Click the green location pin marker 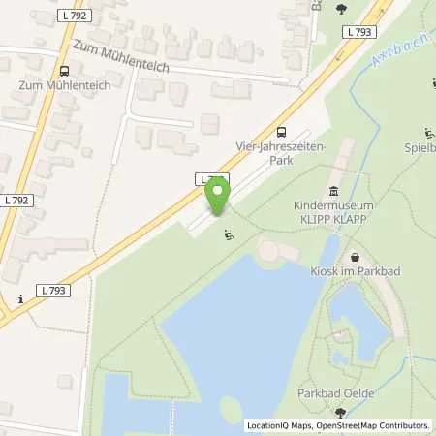click(x=218, y=194)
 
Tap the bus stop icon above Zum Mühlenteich click(x=65, y=70)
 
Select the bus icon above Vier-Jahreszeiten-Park click(x=281, y=132)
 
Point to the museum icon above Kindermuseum click(x=333, y=190)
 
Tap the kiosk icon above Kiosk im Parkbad click(x=356, y=257)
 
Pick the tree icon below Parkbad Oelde click(x=339, y=413)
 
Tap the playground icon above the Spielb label click(x=428, y=133)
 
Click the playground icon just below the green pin click(x=228, y=234)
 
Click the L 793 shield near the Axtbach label click(x=357, y=32)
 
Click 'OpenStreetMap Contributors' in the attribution click(x=372, y=425)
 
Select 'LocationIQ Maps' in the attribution click(x=280, y=425)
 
